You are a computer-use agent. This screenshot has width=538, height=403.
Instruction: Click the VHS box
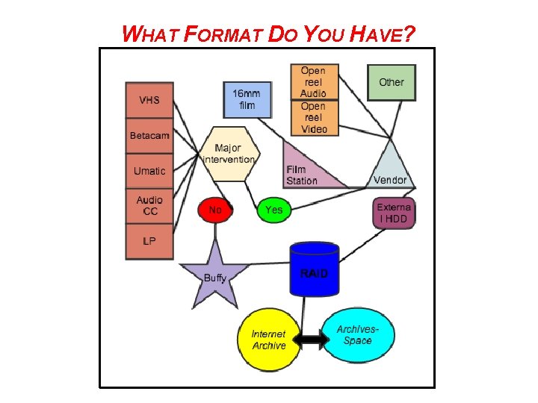point(149,100)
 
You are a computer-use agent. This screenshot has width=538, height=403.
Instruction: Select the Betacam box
point(149,136)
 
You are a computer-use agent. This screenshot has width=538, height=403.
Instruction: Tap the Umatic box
point(149,172)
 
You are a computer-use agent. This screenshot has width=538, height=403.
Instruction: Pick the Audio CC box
point(149,207)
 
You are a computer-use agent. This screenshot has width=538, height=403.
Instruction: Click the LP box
point(149,242)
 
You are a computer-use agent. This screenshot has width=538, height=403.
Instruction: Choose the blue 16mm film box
point(247,100)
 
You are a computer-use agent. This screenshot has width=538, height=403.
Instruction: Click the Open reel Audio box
point(314,82)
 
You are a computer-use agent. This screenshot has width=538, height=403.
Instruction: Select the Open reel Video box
point(314,118)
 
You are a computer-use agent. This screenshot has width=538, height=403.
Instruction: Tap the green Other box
point(391,82)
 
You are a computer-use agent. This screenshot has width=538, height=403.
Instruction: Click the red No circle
point(215,210)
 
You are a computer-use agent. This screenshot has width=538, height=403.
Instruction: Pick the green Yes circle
point(274,210)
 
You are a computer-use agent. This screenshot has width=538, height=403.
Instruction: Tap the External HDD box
point(393,213)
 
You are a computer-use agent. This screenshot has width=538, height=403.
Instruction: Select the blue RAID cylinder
point(314,270)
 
